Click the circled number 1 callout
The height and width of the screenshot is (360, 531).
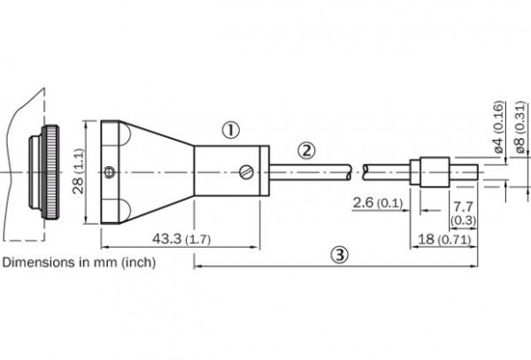point(231,130)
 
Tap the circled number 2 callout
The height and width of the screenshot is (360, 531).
point(306,150)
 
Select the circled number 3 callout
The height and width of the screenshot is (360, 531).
point(339,255)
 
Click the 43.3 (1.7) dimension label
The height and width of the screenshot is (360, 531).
point(181,239)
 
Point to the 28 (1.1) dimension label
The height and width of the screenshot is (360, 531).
point(79,172)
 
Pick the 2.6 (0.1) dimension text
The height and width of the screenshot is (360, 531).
point(378,203)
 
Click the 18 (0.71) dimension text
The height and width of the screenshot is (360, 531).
point(444,239)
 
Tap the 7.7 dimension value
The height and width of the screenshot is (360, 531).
point(463,206)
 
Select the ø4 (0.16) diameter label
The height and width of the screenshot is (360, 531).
point(498,127)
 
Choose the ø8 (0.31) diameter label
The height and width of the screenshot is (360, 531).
point(520,127)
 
